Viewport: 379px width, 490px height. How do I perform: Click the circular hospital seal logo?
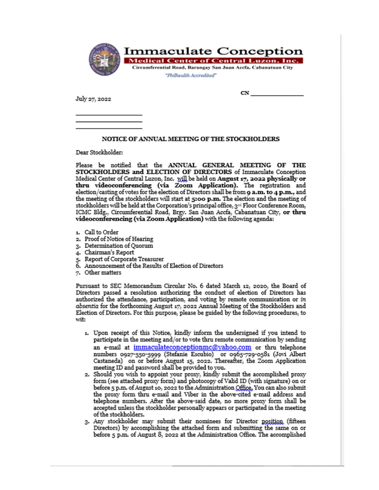click(104, 59)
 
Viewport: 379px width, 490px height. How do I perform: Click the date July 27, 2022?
click(93, 99)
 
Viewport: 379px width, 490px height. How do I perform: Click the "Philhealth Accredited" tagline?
click(191, 75)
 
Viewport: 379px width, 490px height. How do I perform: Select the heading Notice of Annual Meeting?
click(191, 139)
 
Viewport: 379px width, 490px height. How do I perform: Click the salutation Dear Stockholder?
click(99, 153)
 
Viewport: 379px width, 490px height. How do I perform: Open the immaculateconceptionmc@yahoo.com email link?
click(192, 347)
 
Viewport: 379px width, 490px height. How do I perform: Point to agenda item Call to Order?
click(101, 232)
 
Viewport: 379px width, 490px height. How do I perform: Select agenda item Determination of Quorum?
click(119, 246)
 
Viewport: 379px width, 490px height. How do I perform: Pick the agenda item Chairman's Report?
click(109, 252)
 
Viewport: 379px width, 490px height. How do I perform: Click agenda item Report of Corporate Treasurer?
click(124, 259)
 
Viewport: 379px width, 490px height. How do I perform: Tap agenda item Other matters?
click(103, 273)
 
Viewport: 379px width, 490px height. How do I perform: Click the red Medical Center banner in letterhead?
click(213, 61)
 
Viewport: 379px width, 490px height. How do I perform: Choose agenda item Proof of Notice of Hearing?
click(119, 239)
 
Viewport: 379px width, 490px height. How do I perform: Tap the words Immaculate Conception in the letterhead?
click(213, 51)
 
